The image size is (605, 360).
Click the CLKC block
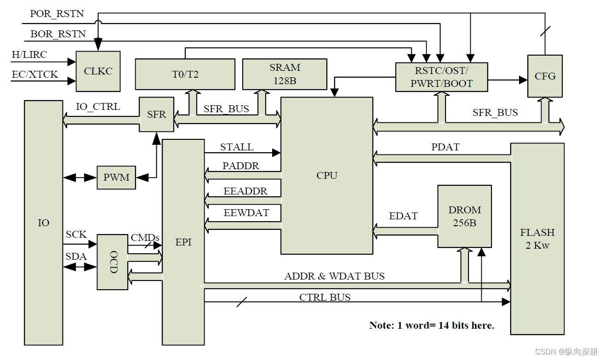coord(98,71)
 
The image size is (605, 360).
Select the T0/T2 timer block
coord(185,74)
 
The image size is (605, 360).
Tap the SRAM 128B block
coord(285,74)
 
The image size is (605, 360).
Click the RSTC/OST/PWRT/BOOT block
coord(442,77)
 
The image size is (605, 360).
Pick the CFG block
coord(545,76)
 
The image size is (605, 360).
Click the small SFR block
coord(156,114)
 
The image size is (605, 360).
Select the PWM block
coord(116,177)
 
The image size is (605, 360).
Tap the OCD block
coord(112,262)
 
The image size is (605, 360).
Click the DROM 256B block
coord(464,217)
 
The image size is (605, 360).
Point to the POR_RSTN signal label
coord(57,13)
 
